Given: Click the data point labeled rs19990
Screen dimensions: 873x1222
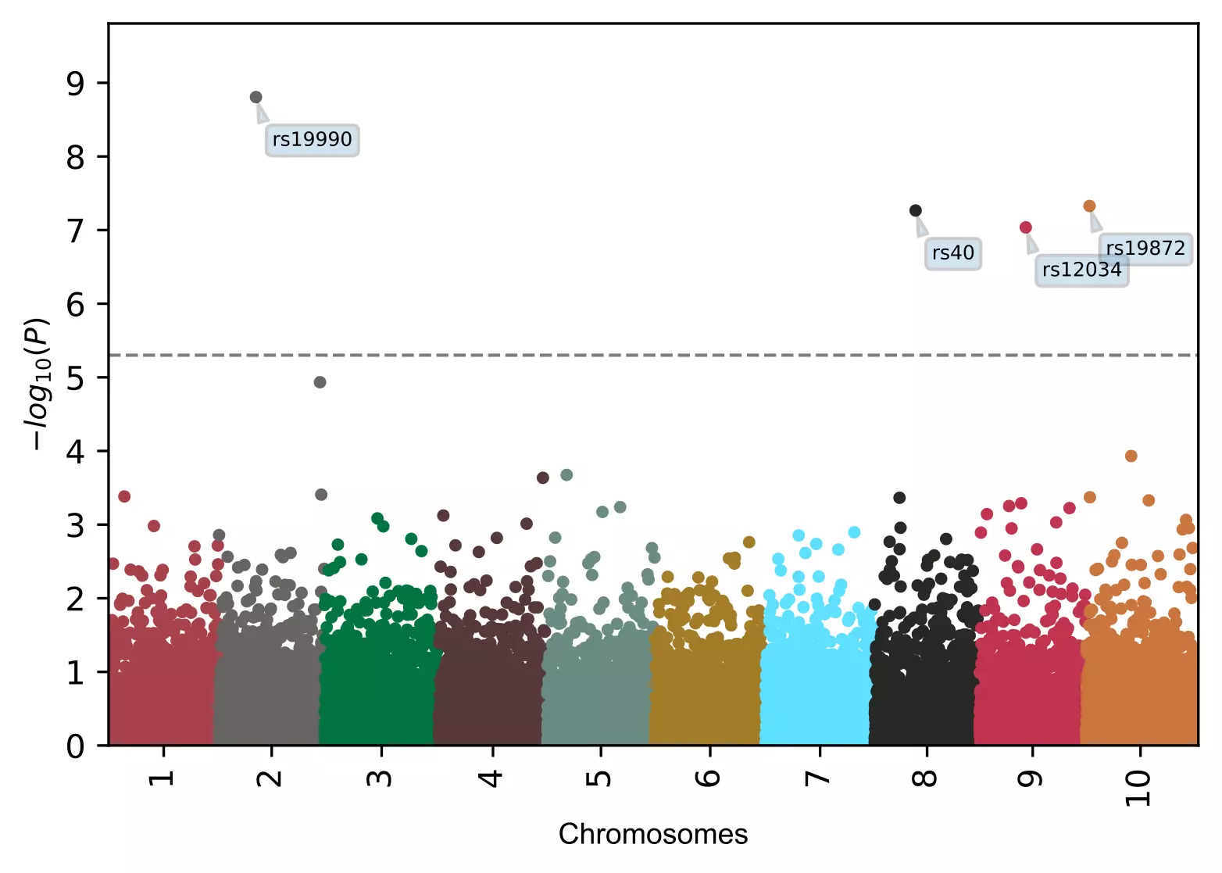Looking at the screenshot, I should tap(255, 98).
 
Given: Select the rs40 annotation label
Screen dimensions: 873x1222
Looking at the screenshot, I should tap(953, 253).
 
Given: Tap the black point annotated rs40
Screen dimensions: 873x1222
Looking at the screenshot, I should tap(916, 210).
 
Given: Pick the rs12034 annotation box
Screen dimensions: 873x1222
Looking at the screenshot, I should tap(1081, 270).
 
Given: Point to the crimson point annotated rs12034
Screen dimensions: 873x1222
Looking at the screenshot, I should tap(1026, 227).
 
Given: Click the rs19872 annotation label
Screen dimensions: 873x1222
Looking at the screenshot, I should tap(1145, 249).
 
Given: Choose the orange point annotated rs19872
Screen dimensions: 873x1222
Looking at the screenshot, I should tap(1089, 206).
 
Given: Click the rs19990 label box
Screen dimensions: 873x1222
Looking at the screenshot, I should tap(312, 140).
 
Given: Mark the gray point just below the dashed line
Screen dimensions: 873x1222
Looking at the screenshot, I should tap(320, 382).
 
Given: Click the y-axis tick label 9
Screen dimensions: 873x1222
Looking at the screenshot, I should tap(75, 84).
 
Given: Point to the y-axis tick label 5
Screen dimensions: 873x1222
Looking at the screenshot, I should tap(75, 378).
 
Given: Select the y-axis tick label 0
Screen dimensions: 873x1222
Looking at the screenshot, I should tap(75, 746).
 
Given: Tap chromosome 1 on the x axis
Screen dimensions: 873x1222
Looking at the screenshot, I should tap(163, 778).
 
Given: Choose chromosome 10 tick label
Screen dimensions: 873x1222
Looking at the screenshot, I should tap(1139, 787).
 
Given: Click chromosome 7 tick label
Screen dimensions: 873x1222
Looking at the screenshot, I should tap(819, 778).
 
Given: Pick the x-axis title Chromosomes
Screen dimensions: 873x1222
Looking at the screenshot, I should tap(652, 835).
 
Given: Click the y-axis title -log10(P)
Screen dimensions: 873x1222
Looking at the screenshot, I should tap(38, 384).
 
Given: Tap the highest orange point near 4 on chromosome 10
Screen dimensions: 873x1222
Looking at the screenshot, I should tap(1131, 456).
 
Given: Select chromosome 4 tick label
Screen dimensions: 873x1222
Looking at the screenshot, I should tap(492, 778).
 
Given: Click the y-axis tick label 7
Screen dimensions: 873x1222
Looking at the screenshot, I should tap(75, 231).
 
